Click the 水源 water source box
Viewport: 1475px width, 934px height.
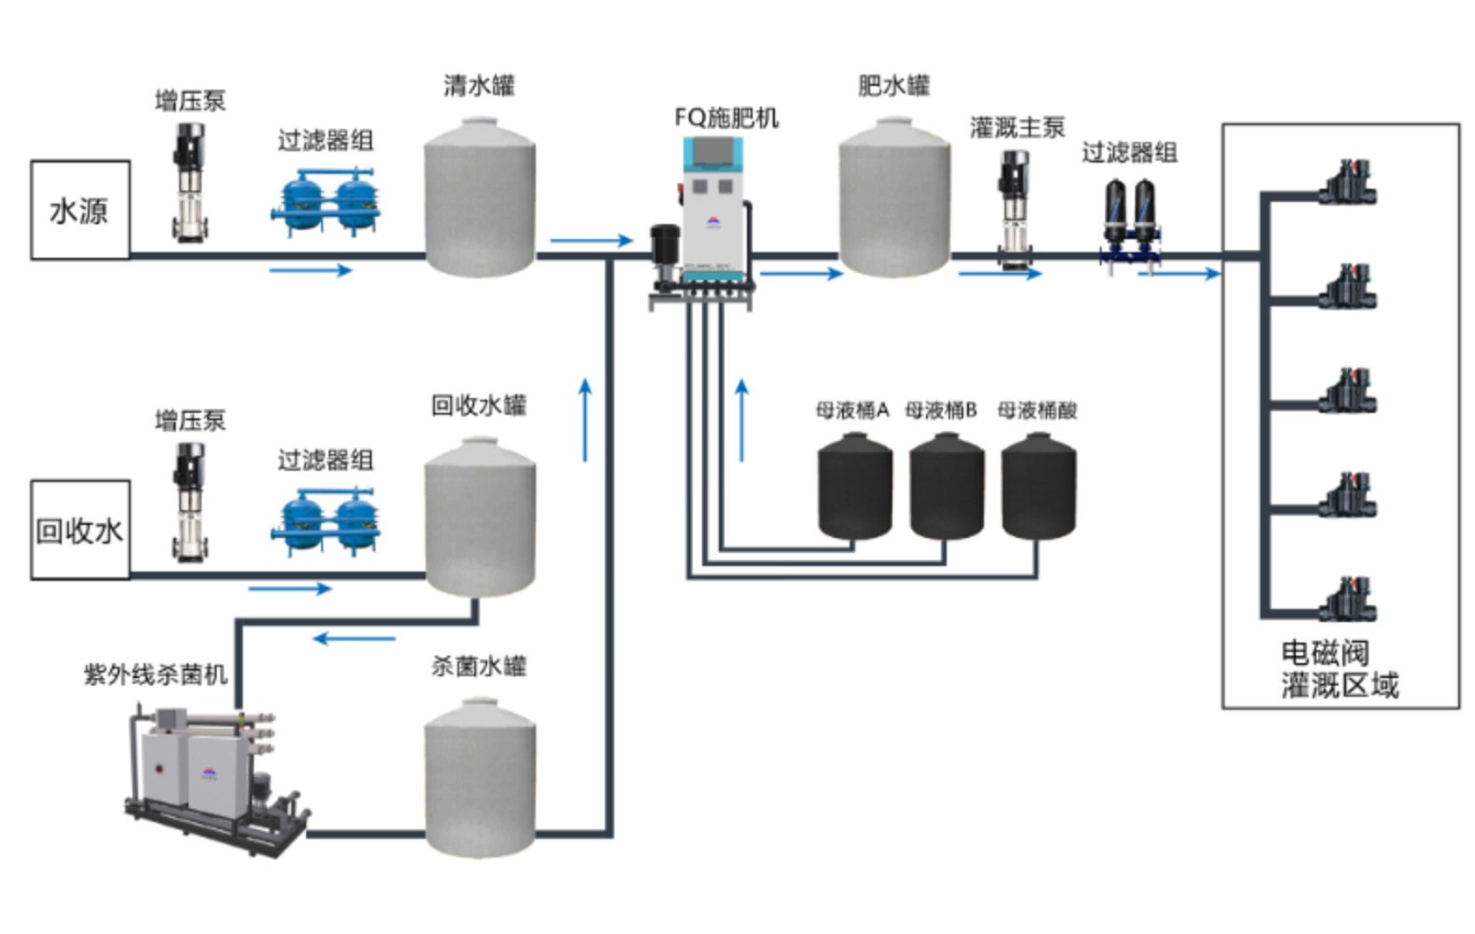point(79,210)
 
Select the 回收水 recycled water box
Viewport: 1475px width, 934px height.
point(79,531)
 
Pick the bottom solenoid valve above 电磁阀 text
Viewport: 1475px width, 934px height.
point(1348,599)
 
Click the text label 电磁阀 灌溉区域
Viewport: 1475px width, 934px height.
point(1339,669)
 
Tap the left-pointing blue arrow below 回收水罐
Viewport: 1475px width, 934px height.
point(355,639)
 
